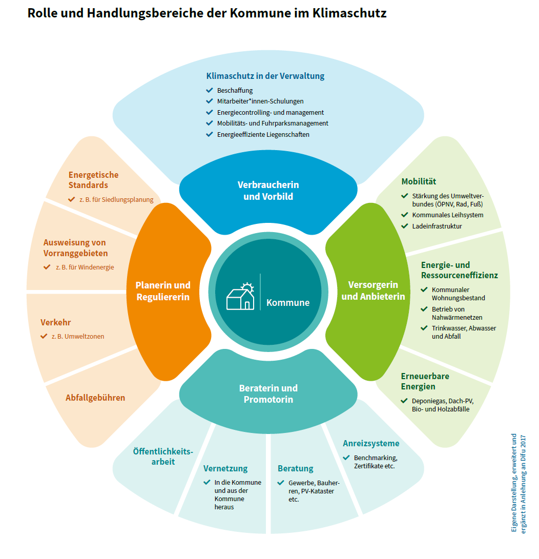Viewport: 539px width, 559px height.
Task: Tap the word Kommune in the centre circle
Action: pyautogui.click(x=287, y=302)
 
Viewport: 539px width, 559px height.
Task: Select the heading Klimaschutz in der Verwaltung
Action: pyautogui.click(x=265, y=76)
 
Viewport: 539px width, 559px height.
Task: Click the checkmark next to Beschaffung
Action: pyautogui.click(x=209, y=90)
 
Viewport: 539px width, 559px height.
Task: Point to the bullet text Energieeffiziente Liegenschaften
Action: pyautogui.click(x=263, y=134)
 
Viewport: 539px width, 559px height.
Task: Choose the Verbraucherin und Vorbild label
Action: pyautogui.click(x=268, y=190)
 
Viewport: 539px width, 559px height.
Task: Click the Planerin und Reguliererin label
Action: pyautogui.click(x=162, y=291)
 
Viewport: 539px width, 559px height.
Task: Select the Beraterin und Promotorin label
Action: pyautogui.click(x=268, y=394)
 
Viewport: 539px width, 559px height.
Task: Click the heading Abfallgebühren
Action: pyautogui.click(x=95, y=398)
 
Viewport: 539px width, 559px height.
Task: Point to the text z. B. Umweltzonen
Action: pyautogui.click(x=77, y=337)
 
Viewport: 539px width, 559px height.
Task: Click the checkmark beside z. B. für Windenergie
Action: pyautogui.click(x=47, y=267)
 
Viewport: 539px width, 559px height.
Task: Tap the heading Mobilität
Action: pyautogui.click(x=419, y=181)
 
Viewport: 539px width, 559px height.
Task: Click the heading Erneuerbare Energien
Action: pyautogui.click(x=425, y=381)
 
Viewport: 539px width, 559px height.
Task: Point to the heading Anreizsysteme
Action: pyautogui.click(x=370, y=443)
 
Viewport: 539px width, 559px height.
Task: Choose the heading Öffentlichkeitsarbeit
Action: pyautogui.click(x=162, y=457)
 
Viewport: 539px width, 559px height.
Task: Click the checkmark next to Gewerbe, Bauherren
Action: pyautogui.click(x=280, y=483)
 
